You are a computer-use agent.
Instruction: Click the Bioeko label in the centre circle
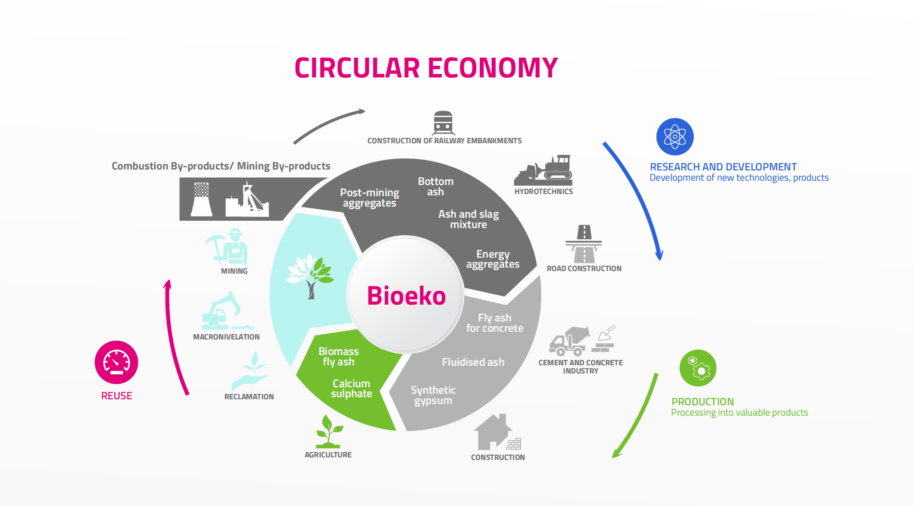click(406, 296)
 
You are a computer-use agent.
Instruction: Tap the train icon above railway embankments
click(443, 123)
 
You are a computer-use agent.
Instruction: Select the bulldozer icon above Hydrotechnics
click(544, 170)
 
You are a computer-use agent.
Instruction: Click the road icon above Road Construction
click(584, 244)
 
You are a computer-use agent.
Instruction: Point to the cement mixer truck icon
click(568, 341)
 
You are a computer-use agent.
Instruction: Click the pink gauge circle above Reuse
click(116, 362)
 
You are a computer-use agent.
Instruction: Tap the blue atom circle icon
click(675, 137)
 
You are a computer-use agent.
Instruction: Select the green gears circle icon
click(698, 368)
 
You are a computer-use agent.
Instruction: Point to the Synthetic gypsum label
click(433, 395)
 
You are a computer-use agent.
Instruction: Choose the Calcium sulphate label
click(351, 389)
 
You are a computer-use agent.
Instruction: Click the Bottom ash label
click(435, 187)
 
